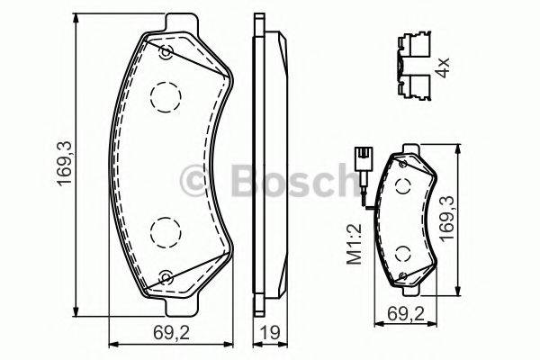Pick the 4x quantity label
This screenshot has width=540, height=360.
point(442,67)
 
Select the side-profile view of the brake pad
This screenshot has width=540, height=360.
point(268,162)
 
